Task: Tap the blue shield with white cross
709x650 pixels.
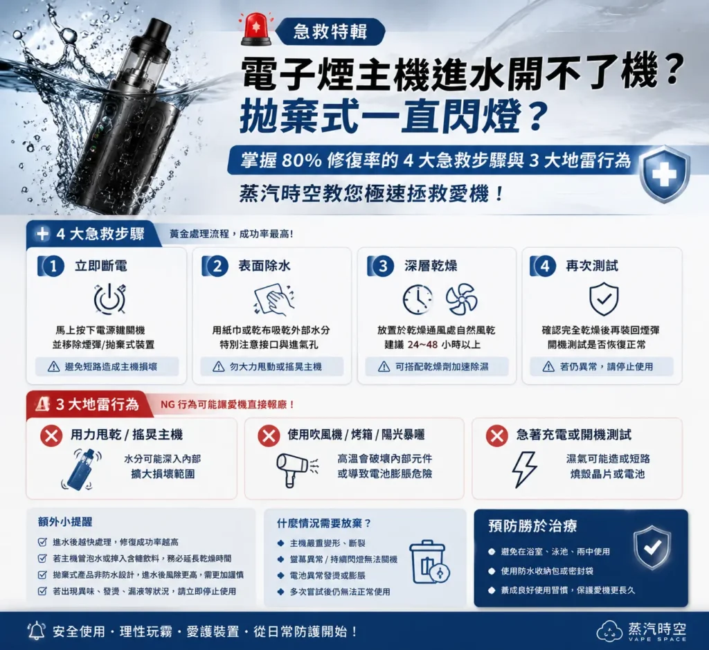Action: coord(664,174)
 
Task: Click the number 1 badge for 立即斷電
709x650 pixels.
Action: coord(53,267)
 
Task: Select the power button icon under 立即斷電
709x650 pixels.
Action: coord(109,299)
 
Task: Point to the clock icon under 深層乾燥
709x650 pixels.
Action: coord(418,299)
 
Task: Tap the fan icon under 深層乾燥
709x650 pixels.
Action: coord(460,299)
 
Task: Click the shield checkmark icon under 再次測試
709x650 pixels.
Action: coord(604,299)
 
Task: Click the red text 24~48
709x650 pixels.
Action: coord(422,345)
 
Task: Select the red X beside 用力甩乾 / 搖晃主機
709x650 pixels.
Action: coord(51,435)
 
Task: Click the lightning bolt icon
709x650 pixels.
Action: coord(525,469)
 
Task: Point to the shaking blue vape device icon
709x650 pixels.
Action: coord(80,469)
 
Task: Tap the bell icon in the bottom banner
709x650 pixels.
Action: coord(37,631)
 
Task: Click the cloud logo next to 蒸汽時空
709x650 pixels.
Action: coord(610,631)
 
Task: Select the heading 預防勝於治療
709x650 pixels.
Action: coord(532,526)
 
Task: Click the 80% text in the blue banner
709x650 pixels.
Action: coord(301,160)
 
